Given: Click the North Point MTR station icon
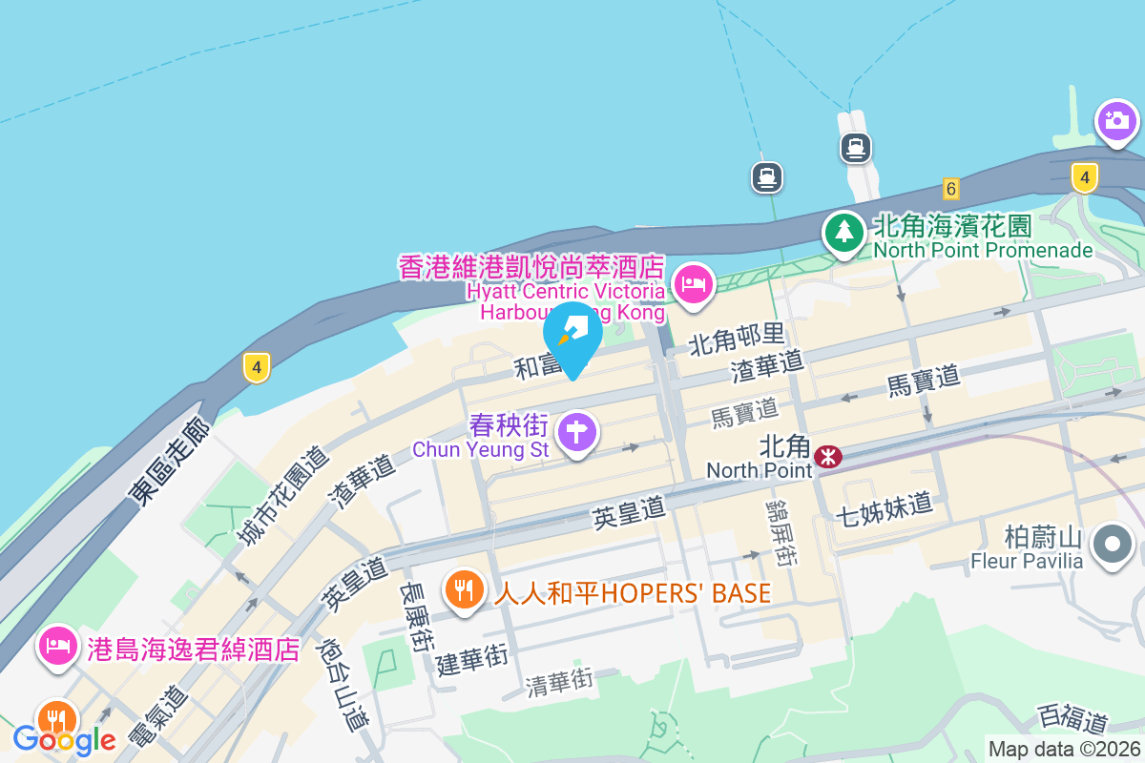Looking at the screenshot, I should [828, 457].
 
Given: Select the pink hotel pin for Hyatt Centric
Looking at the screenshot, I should [694, 283].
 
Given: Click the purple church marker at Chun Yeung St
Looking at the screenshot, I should [576, 433].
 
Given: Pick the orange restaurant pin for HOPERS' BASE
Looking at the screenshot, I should [465, 588].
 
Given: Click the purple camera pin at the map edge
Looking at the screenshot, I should [1115, 121].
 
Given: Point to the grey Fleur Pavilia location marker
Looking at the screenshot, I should [1112, 546].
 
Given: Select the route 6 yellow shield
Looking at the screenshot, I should [949, 188].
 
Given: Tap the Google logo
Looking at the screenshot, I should [64, 739].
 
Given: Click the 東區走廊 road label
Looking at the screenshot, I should [170, 464].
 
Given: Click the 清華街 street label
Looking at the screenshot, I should [559, 680].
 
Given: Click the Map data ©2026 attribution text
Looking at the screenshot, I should [1064, 750].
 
